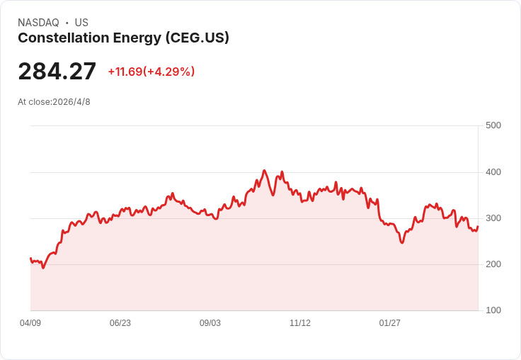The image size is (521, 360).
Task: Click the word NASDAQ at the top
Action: (38, 23)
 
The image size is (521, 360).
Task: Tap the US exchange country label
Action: (81, 23)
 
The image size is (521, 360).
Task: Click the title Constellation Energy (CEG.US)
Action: (123, 38)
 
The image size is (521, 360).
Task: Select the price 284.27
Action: (57, 72)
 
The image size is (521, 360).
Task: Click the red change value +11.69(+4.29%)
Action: (151, 72)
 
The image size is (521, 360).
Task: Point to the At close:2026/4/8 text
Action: (54, 102)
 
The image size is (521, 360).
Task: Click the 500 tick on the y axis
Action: (493, 125)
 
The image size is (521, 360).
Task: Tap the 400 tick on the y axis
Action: (493, 172)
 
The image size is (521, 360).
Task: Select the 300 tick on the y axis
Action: (493, 218)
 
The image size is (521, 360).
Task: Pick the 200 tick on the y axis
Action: (493, 264)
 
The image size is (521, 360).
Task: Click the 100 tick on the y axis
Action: (493, 310)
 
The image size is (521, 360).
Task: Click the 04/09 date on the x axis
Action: (30, 323)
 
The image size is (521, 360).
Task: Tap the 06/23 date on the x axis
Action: (120, 323)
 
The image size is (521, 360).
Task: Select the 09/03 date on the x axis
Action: (210, 323)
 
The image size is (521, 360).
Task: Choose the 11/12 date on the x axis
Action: (300, 323)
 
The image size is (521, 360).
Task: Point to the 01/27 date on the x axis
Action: (390, 323)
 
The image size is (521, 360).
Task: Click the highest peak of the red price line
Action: (264, 171)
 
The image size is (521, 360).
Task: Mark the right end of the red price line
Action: (478, 227)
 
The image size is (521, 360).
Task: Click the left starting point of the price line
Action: (30, 259)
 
